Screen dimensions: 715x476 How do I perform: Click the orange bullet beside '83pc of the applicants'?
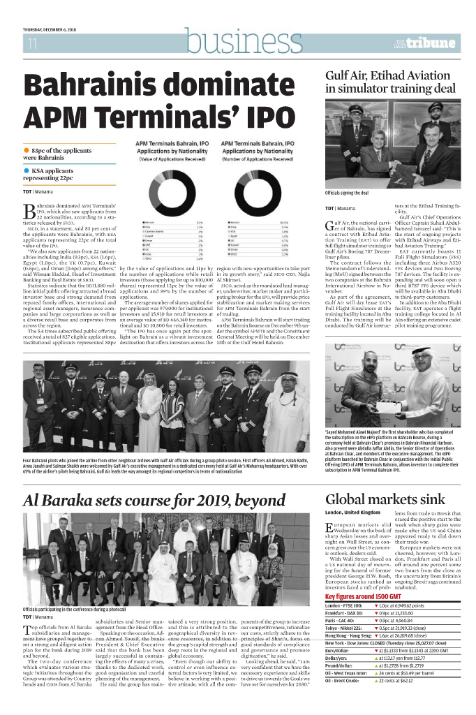(27, 149)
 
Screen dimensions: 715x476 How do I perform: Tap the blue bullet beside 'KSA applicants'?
(27, 170)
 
